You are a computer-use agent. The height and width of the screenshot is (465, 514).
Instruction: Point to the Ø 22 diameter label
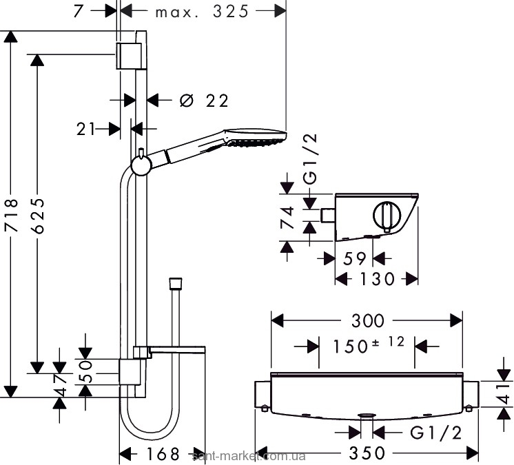click(203, 101)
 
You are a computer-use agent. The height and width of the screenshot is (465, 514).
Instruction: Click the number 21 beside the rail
click(86, 129)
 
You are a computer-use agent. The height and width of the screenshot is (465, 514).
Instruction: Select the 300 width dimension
click(367, 320)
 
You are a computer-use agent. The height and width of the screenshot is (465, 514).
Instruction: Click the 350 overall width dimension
click(367, 453)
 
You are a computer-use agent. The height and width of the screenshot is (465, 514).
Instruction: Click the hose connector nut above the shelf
click(176, 283)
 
